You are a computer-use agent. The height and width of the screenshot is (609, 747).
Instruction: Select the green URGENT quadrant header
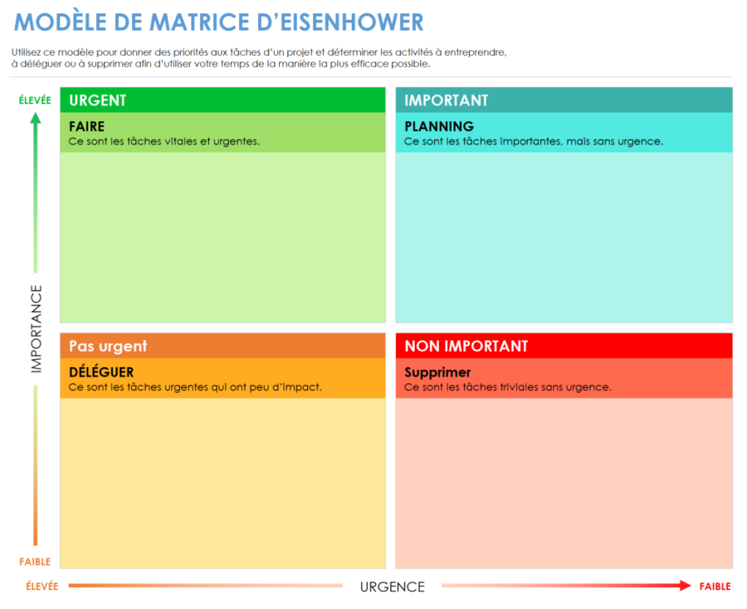[222, 101]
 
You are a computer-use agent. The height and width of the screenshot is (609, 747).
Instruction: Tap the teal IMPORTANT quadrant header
[564, 101]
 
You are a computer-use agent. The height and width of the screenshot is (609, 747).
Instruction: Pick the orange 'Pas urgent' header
[222, 346]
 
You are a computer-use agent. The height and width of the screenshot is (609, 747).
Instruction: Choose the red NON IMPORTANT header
[564, 346]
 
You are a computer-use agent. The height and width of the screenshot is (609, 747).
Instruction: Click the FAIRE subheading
[86, 126]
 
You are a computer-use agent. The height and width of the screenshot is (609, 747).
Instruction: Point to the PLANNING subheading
[439, 126]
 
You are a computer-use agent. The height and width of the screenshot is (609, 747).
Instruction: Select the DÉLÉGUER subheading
[101, 372]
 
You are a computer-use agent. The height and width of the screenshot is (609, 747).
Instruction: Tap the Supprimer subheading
[437, 372]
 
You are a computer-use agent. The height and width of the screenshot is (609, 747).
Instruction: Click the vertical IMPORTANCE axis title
[36, 328]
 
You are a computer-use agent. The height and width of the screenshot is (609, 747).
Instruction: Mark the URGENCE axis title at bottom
[392, 587]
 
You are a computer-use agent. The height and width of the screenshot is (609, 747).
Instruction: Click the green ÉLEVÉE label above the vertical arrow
[35, 101]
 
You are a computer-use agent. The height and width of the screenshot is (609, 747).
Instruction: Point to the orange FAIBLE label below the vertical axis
[35, 562]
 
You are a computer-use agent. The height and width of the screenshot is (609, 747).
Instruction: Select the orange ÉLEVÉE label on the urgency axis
[42, 587]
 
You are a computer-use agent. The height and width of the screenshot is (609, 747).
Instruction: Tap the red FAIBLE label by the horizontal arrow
[715, 587]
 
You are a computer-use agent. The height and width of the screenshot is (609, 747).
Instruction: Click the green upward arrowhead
[35, 118]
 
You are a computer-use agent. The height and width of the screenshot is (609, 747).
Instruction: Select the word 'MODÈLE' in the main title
[51, 22]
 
